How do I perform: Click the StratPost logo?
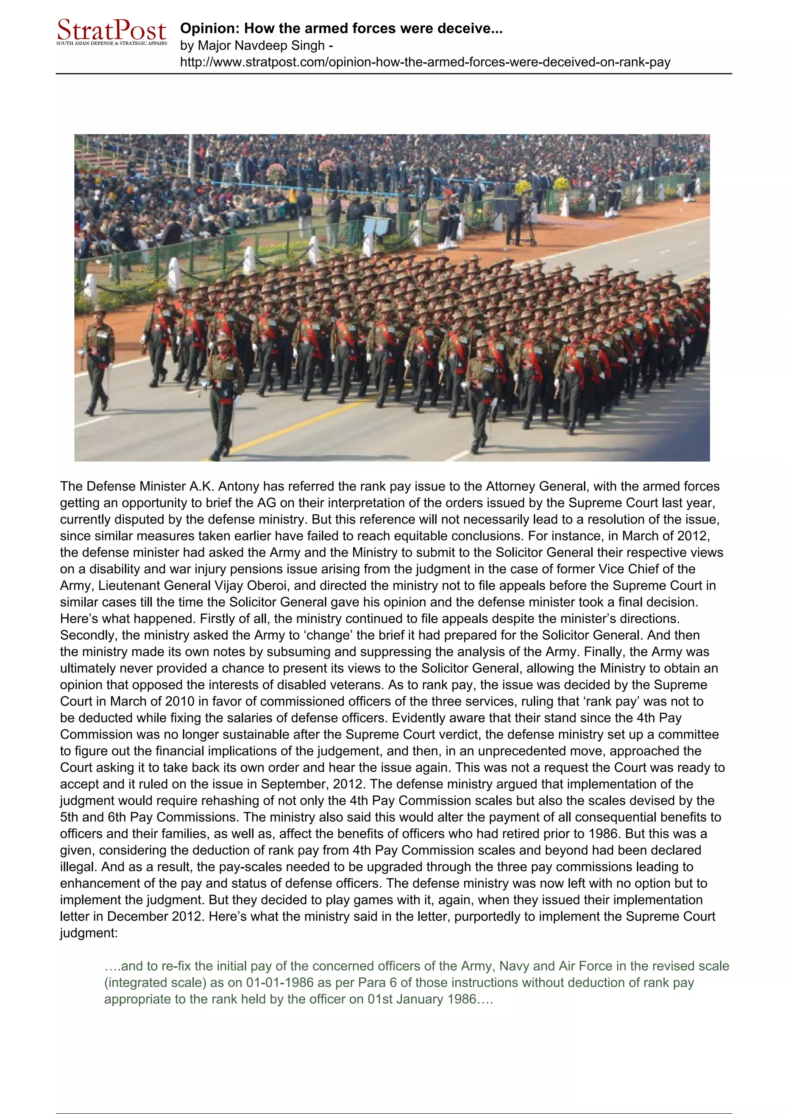tap(112, 32)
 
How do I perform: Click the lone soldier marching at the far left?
tap(98, 360)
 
